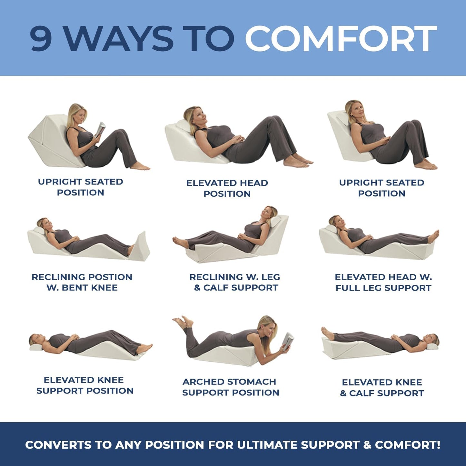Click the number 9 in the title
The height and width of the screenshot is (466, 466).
click(41, 38)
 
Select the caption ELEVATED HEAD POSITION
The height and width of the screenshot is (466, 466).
click(227, 188)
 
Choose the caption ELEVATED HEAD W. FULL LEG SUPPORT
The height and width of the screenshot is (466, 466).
click(383, 282)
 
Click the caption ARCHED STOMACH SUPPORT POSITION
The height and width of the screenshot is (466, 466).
click(230, 387)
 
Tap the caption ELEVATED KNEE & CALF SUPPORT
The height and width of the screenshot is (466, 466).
click(382, 388)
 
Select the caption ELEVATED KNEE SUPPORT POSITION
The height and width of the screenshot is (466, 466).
click(84, 385)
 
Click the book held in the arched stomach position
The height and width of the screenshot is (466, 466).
click(288, 341)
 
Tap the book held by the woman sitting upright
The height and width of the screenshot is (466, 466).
click(100, 129)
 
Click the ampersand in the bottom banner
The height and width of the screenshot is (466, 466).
click(367, 445)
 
